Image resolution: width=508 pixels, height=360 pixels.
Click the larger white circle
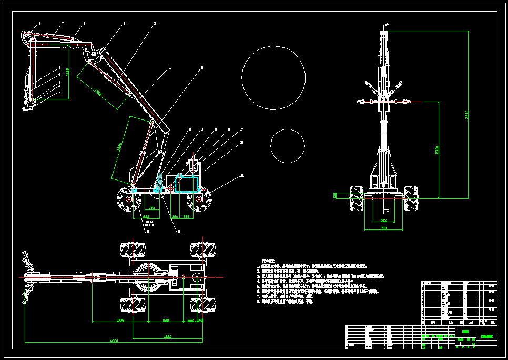[x=273, y=78]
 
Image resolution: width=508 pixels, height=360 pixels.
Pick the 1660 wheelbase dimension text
[x=168, y=336]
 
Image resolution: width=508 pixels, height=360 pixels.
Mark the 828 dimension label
[x=165, y=319]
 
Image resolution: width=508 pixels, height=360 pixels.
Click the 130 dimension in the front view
[x=335, y=195]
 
